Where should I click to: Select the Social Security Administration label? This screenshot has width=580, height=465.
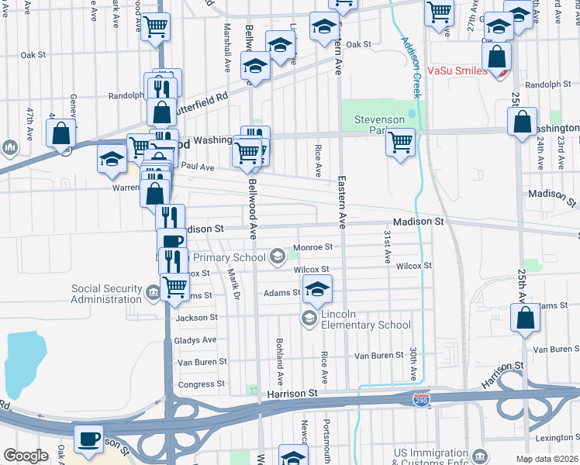click(106, 294)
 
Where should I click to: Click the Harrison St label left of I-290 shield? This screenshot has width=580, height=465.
click(293, 394)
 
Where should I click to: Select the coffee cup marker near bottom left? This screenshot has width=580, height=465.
click(88, 439)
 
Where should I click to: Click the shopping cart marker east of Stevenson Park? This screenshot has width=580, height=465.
click(400, 143)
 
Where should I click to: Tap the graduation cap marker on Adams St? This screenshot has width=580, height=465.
click(316, 288)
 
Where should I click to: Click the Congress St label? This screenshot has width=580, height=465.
click(201, 384)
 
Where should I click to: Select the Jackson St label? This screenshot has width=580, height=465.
click(197, 318)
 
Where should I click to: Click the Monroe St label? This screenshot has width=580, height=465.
click(312, 248)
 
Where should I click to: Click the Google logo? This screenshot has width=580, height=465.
click(26, 456)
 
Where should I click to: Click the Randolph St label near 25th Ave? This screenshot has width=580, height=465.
click(542, 85)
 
